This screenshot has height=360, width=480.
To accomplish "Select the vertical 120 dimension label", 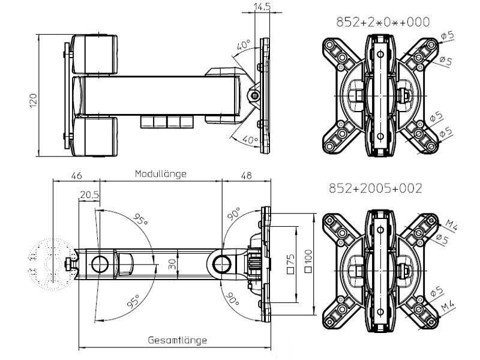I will pos(34,100).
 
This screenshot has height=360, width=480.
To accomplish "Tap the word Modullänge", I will pos(160,174).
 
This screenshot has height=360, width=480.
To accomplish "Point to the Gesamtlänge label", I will pos(177,340).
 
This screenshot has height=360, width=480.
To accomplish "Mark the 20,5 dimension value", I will pos(89,194).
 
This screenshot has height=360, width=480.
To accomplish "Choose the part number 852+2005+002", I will pos(375,188).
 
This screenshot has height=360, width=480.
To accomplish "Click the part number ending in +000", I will pos(383,22).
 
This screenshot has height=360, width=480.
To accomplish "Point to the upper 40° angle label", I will pos(243,46).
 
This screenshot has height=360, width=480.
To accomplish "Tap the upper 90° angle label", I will pos(233,213).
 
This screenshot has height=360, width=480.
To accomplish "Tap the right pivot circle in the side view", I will pos(220,262).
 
